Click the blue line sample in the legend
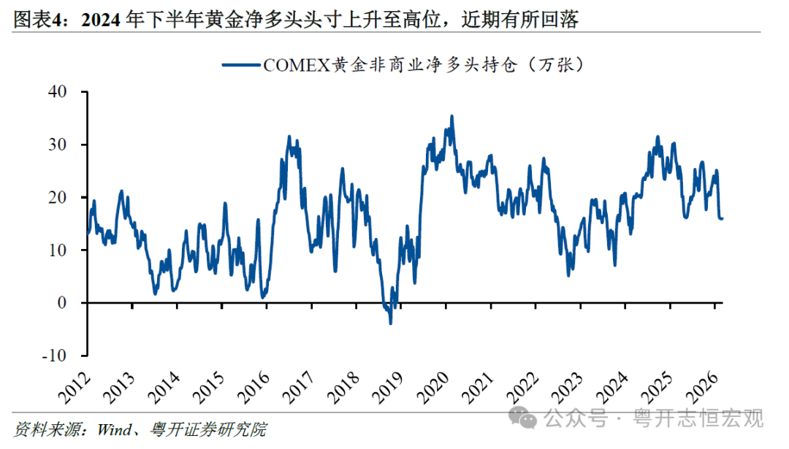click(241, 65)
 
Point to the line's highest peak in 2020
click(451, 116)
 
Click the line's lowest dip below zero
click(390, 323)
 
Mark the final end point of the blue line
click(723, 218)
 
